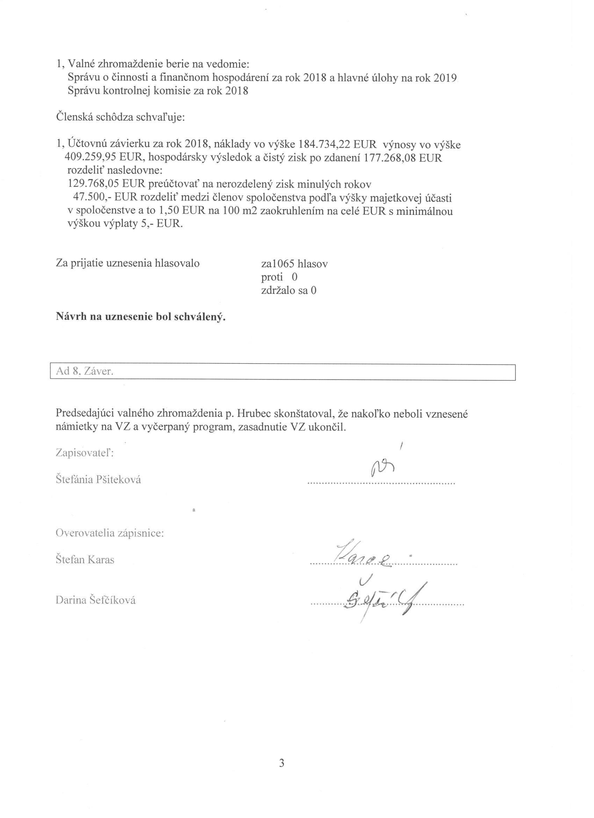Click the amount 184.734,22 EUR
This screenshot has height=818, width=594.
coord(338,144)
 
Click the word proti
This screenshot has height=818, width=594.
coord(272,277)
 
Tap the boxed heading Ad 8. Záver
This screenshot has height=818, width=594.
coord(85,372)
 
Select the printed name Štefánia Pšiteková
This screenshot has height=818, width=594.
coord(98,480)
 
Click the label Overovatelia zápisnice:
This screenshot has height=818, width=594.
coord(110,533)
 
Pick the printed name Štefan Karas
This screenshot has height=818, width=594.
coord(85,560)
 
